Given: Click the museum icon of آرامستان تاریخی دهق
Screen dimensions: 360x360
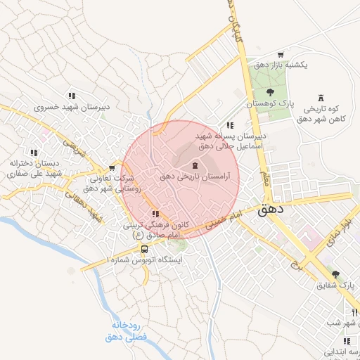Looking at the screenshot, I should [x=195, y=165].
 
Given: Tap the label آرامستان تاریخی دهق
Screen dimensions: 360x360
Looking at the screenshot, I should [x=194, y=177].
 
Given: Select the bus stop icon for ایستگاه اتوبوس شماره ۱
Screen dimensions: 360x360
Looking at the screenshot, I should [x=144, y=249].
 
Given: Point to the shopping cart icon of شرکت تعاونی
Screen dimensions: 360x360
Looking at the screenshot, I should [x=112, y=168].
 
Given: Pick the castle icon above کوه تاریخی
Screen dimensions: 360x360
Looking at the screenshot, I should [x=321, y=98].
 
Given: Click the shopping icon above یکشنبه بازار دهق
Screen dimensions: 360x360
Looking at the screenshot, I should [x=281, y=54].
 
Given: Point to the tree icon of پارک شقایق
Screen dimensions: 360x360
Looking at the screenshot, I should [x=335, y=274].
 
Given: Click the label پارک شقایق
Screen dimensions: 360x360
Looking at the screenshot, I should [x=336, y=285].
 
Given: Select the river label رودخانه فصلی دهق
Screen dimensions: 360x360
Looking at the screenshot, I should [x=126, y=331].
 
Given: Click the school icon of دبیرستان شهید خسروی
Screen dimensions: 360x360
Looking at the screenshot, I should [x=71, y=96].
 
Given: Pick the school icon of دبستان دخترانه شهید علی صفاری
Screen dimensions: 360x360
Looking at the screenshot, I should [x=33, y=152].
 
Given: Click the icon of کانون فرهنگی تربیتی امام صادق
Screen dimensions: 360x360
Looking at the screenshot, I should [x=155, y=214].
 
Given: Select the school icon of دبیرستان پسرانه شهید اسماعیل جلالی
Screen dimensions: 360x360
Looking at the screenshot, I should [x=230, y=124].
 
